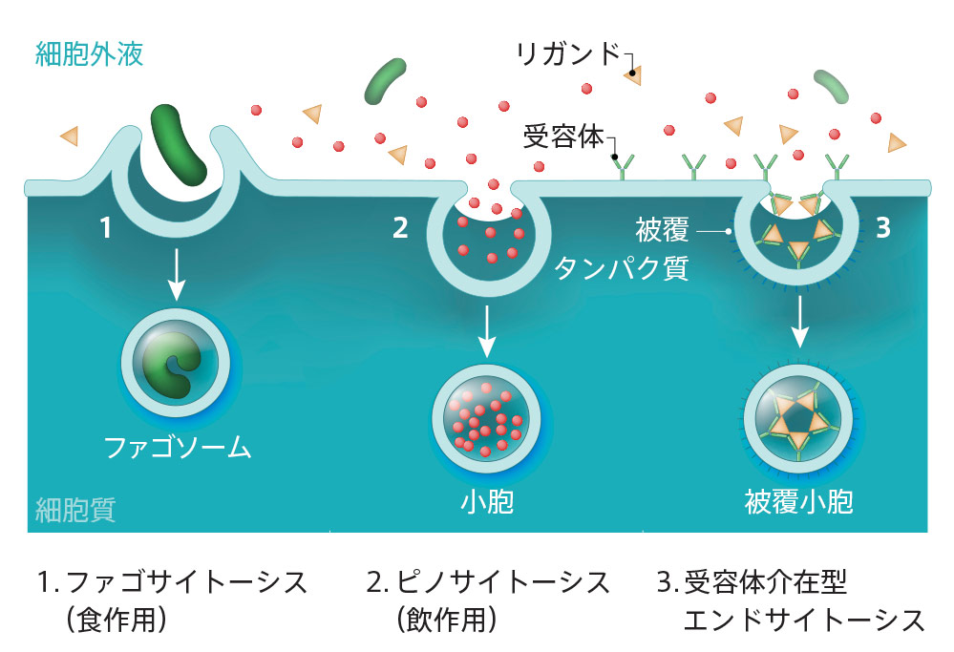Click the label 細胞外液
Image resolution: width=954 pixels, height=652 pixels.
89,53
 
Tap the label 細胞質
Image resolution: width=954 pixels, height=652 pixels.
75,509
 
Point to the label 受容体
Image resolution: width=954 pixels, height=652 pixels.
563,137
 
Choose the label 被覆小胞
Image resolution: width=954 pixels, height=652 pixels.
797,502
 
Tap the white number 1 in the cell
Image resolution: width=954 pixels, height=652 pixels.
108,227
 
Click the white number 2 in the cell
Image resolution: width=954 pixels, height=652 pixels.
400,227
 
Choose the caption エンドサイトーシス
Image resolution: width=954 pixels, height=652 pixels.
804,620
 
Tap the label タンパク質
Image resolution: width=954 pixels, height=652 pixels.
622,268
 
